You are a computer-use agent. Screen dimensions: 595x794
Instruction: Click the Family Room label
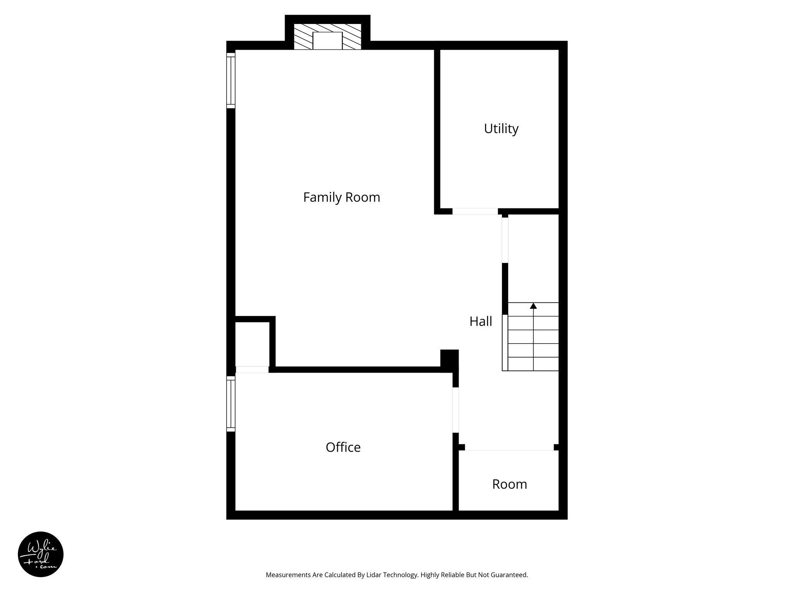(342, 198)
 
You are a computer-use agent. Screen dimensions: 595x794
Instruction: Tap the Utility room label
(501, 129)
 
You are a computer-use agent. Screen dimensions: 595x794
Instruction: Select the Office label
(343, 447)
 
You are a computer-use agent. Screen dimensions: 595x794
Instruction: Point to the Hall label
(481, 322)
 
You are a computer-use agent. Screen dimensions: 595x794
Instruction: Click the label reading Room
(509, 484)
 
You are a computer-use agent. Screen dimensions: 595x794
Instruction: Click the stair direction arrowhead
(533, 306)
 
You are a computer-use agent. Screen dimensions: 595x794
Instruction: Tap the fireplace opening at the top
(327, 41)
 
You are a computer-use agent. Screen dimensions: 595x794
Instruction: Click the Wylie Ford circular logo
(41, 554)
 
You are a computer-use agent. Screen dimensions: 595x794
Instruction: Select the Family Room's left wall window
(231, 81)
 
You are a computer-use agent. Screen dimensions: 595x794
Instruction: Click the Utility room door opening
(475, 212)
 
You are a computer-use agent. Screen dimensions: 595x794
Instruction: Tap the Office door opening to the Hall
(456, 410)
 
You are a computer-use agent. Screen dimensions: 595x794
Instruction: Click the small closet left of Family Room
(252, 344)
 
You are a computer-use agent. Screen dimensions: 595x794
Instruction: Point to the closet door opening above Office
(252, 370)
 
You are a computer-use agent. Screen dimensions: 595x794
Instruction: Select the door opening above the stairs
(505, 240)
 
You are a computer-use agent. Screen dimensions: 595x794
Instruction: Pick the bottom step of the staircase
(533, 364)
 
